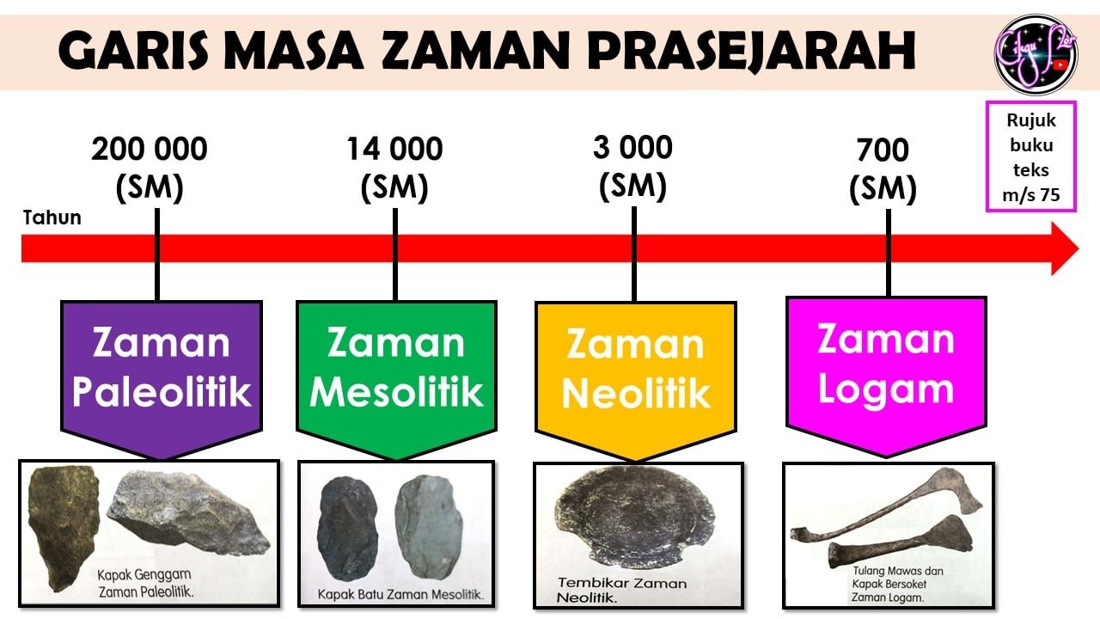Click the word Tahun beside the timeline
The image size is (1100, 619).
coord(52,218)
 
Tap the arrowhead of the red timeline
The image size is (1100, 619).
coord(1065,248)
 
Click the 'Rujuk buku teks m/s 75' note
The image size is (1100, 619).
coord(1031,156)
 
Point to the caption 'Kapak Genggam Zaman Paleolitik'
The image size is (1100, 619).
coord(145,583)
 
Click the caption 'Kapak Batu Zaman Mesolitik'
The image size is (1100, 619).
coord(400,594)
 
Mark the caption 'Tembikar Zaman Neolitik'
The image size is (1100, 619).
coord(621,591)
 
